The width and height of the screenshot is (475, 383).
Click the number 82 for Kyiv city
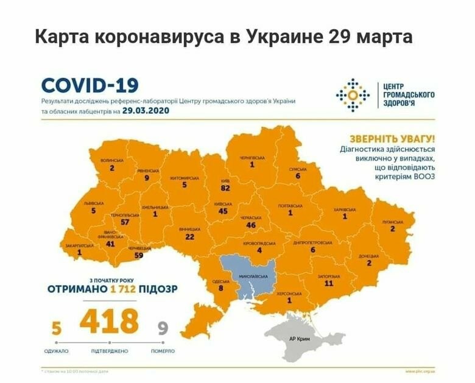point(225,189)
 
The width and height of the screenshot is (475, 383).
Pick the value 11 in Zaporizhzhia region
point(329,283)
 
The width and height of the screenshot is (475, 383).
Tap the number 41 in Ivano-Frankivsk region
point(110,244)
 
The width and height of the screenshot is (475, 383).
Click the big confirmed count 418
point(110,322)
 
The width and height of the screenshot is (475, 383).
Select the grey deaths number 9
point(163,329)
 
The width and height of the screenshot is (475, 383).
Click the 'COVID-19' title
point(90,85)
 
